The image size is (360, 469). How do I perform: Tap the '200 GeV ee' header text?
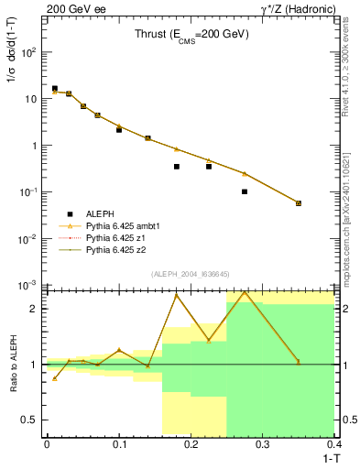(71, 9)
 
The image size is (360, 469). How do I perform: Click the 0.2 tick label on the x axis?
(191, 445)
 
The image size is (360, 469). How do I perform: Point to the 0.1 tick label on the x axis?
(119, 445)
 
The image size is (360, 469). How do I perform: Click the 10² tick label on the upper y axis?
(29, 52)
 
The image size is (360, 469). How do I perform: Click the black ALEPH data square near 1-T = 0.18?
(176, 167)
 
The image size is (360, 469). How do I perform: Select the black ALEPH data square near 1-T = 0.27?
(245, 191)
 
